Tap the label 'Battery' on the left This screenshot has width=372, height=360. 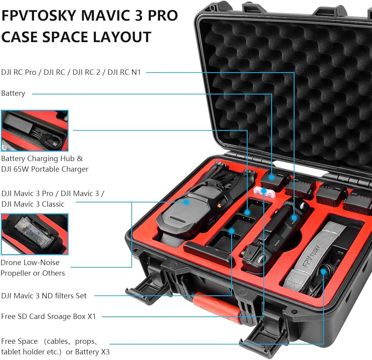tap(13, 93)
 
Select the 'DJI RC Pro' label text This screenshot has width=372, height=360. tap(20, 72)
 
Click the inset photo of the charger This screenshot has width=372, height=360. tap(34, 130)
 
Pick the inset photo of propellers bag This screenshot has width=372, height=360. tap(34, 234)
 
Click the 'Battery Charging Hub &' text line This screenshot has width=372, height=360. tap(42, 158)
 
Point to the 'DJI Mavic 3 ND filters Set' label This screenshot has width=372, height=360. tap(44, 296)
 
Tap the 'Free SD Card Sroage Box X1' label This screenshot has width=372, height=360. tap(48, 317)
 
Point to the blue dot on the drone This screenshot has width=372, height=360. tap(187, 202)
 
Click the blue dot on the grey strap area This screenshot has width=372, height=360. tap(323, 272)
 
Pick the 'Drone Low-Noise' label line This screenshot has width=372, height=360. tap(30, 262)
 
